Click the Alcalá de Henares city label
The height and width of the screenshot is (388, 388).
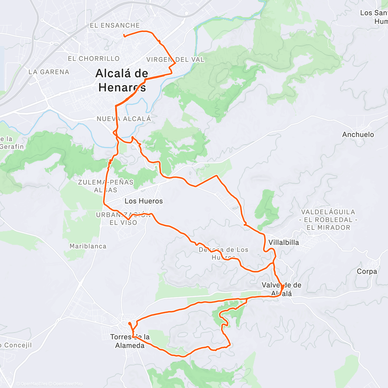coord(122,80)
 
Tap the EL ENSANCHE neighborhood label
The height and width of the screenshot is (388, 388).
coord(115,25)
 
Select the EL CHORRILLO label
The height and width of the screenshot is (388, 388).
coord(94,59)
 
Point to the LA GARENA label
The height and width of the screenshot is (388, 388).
coord(49,72)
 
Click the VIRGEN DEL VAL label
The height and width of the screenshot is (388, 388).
coord(175,59)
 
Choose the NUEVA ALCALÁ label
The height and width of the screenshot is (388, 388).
coord(124,119)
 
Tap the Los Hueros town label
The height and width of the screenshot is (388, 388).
coord(144,201)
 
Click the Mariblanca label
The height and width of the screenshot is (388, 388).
coord(88,246)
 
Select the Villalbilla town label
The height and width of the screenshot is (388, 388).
coord(284,242)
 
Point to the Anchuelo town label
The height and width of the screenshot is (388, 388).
coord(358,135)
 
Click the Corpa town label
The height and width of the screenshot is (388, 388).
coord(367,271)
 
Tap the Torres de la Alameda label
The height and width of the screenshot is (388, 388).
coord(130,341)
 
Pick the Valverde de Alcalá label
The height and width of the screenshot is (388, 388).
coord(281,289)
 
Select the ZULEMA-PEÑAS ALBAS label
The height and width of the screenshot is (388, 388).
coord(106,186)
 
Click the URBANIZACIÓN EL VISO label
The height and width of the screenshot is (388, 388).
coord(123,219)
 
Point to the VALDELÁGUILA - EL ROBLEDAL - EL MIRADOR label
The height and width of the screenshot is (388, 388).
coord(328,220)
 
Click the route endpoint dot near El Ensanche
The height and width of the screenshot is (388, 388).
coord(124,36)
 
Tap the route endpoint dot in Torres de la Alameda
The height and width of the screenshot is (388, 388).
coord(129,323)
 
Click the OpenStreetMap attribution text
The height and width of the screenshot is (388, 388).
coord(68,384)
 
